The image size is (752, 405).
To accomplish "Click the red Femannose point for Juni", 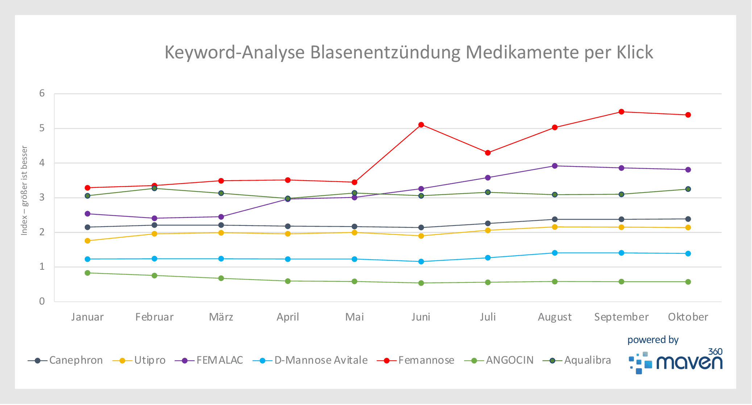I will click(x=421, y=125).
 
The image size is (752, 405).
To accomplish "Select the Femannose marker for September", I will click(x=621, y=112).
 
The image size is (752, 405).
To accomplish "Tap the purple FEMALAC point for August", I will click(x=554, y=166).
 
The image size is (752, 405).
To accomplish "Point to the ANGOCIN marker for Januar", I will click(x=87, y=273).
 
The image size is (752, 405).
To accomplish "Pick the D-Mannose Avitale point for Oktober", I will click(x=688, y=253).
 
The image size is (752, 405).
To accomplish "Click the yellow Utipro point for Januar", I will click(x=87, y=241).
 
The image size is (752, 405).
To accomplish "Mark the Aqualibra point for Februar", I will click(x=154, y=188).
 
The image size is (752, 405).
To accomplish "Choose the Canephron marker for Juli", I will click(x=488, y=223).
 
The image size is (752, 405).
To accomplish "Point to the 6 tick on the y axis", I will click(x=42, y=94).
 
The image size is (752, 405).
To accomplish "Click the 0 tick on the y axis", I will click(x=42, y=301).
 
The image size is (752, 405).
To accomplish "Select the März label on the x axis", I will click(x=221, y=317).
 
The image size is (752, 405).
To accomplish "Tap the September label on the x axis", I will click(x=621, y=317).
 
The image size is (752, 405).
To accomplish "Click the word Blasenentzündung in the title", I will click(x=385, y=52).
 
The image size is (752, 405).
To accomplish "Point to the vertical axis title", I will click(x=24, y=190).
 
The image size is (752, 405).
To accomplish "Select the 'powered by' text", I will click(x=653, y=340).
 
